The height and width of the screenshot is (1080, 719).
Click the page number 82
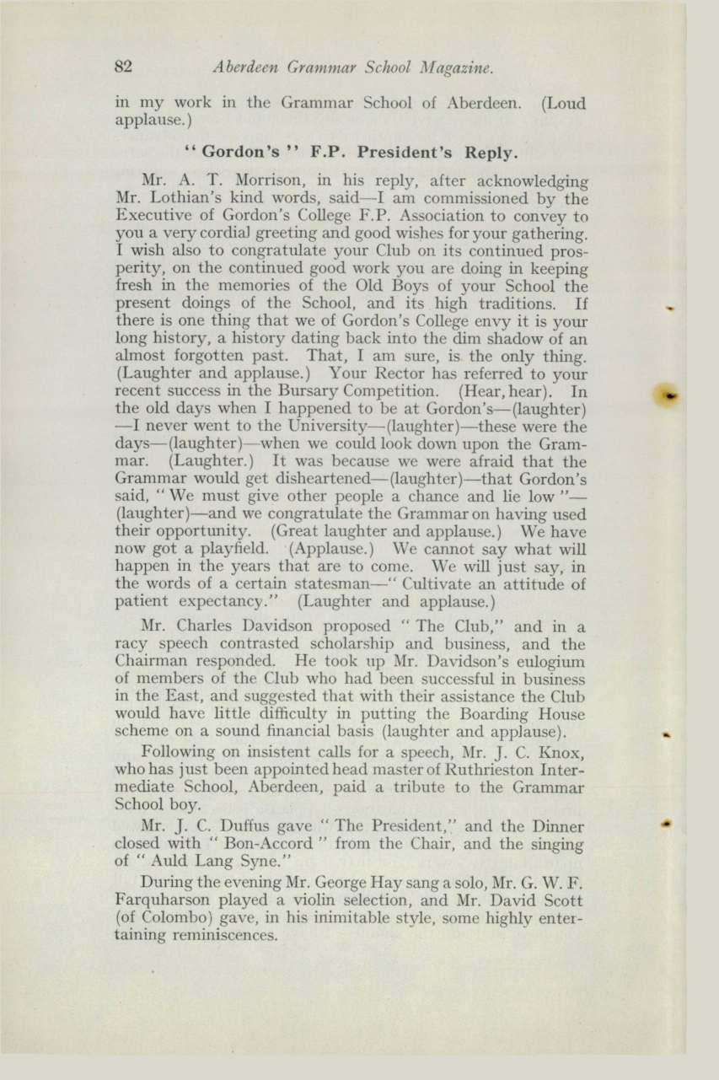point(127,65)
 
